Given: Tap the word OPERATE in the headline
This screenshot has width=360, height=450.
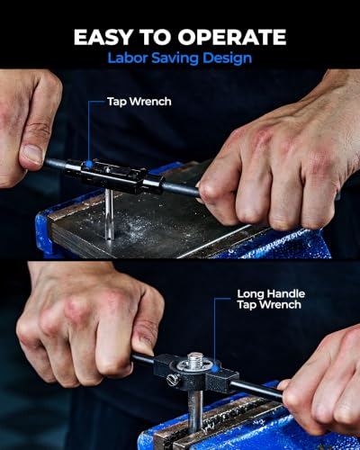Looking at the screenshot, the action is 231,37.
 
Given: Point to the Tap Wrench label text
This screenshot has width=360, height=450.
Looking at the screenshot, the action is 139,102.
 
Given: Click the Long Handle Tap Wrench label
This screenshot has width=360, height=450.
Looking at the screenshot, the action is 271,299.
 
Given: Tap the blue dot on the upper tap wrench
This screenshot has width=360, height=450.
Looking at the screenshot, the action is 89,164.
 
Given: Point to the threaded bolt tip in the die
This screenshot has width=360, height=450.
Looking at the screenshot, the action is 195,360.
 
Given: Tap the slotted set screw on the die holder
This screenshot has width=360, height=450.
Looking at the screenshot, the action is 173,380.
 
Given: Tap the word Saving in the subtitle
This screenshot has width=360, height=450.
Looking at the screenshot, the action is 175,58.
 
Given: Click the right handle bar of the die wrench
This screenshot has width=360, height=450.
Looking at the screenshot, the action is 258,390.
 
